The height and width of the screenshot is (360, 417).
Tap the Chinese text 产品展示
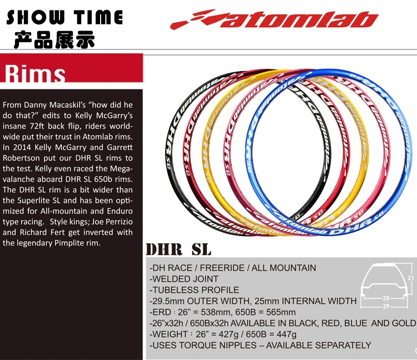54,40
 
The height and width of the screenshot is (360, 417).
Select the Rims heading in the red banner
35,74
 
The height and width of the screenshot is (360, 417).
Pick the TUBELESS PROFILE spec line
196,290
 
